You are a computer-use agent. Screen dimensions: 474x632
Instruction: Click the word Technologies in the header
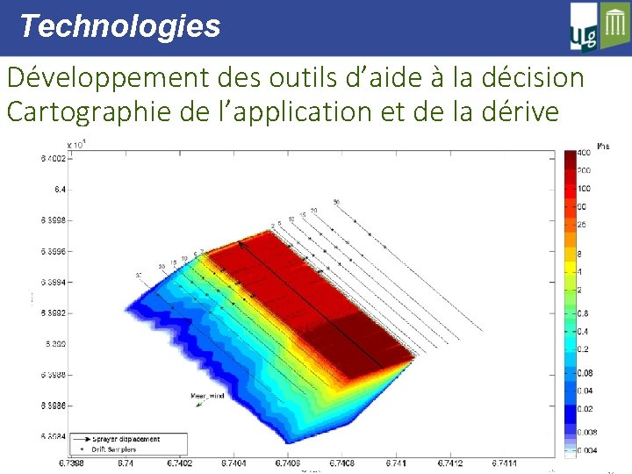pos(119,26)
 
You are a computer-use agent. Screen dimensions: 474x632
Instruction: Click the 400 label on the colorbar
pos(583,154)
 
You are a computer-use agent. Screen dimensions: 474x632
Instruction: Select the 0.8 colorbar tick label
pos(582,313)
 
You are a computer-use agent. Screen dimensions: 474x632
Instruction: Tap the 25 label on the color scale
pos(581,226)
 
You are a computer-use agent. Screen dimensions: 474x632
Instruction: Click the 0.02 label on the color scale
pos(584,408)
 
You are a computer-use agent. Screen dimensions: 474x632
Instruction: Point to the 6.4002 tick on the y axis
pos(52,159)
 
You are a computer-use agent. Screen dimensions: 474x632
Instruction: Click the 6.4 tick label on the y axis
pos(59,190)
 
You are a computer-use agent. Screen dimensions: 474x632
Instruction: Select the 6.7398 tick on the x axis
pos(72,463)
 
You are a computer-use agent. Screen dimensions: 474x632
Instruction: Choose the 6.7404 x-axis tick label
pos(233,463)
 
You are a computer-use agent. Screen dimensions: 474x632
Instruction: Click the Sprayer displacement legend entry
pos(128,438)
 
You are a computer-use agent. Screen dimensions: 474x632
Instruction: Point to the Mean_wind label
pos(207,396)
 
